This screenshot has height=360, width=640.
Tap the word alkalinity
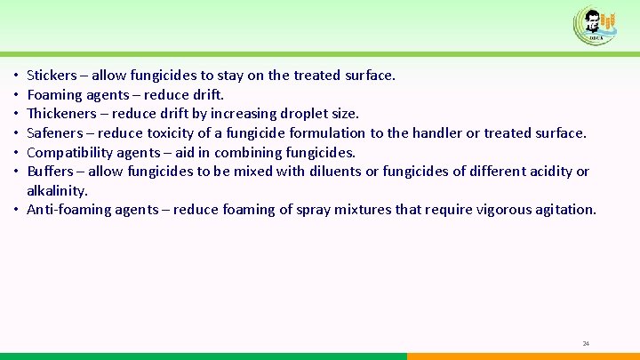click(57, 190)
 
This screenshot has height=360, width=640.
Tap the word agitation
click(564, 210)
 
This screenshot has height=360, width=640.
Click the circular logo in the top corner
click(595, 25)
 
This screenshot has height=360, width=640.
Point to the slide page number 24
click(586, 343)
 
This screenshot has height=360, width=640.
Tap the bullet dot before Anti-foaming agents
click(18, 210)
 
